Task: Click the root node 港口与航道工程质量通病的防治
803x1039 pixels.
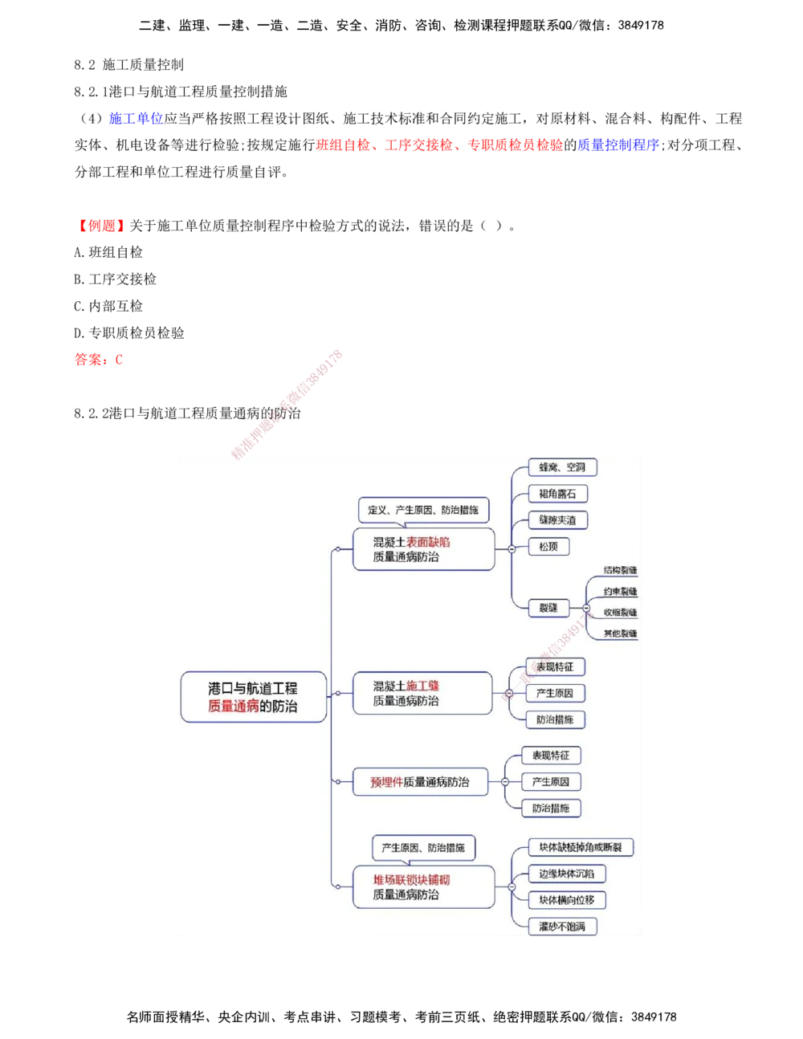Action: coord(253,697)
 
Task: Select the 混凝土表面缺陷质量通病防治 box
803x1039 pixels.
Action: coord(423,549)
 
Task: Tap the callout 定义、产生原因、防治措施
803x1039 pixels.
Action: coord(423,510)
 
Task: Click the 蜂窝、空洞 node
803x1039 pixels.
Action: coord(562,467)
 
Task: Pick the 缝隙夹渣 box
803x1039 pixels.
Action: coord(557,520)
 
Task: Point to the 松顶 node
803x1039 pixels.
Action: coord(548,547)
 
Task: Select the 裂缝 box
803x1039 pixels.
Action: coord(548,608)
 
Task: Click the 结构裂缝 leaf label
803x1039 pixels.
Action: coord(620,570)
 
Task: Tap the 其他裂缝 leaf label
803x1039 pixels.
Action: coord(620,634)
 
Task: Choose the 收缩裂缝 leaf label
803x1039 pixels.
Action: coord(620,613)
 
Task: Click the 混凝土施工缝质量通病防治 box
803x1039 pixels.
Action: coord(422,693)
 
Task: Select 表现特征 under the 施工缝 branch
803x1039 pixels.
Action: coord(555,666)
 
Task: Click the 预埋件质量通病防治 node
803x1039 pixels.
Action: coord(420,782)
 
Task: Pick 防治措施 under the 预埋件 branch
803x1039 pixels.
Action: coord(551,809)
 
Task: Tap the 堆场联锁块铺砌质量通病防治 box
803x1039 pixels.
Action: coord(423,886)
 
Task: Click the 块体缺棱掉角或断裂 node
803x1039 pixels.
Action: coord(581,847)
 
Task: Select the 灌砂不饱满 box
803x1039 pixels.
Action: coord(562,927)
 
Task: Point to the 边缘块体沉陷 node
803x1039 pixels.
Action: coord(567,874)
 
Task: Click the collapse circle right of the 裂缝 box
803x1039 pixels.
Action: coord(585,609)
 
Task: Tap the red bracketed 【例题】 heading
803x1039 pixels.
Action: coord(102,227)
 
